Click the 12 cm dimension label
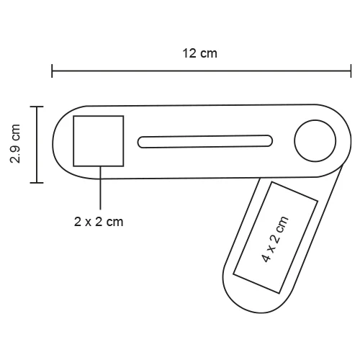coord(199,53)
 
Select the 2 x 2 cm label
coord(99,222)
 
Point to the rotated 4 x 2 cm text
coord(276,237)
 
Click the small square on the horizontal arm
coord(99,140)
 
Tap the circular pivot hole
coord(317,140)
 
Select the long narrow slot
coord(206,140)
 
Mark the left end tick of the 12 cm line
coord(52,71)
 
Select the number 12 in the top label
coord(189,53)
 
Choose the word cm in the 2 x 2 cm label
coord(114,222)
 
